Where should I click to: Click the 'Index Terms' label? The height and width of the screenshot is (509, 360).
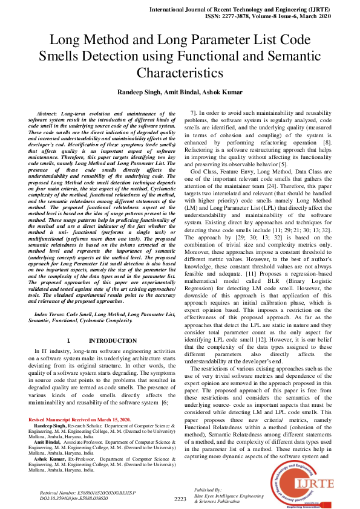click(52, 314)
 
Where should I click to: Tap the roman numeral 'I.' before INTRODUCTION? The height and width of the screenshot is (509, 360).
click(69, 341)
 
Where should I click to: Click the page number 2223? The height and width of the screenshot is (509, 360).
click(180, 499)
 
